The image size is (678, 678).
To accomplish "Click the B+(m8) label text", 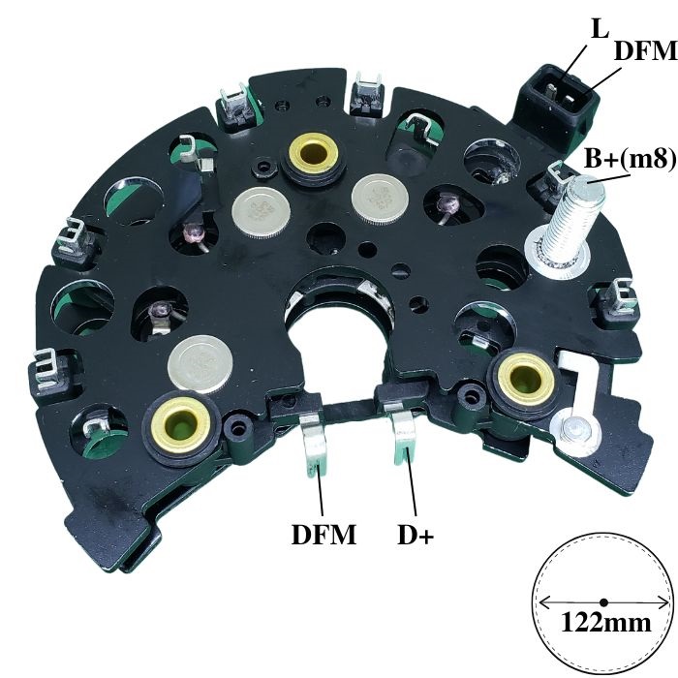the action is coord(630,159).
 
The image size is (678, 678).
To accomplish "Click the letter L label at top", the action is coord(600,28).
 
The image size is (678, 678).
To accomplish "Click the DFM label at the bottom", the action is coord(324,535).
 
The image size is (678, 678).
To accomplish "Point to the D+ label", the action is coord(416,535).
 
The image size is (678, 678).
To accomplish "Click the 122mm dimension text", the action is coord(605,623).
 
